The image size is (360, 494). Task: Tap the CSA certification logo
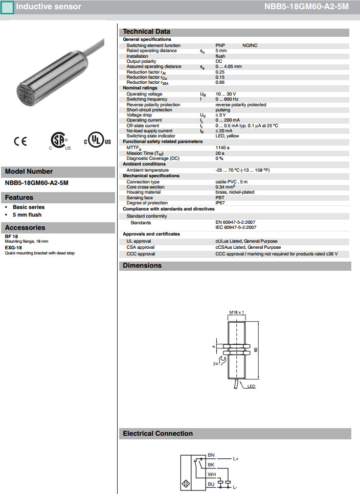58,141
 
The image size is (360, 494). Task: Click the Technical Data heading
146,32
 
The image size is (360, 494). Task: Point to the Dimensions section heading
142,266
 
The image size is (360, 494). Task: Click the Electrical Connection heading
157,434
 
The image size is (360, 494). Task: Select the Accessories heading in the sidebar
25,228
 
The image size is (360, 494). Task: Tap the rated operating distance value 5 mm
221,51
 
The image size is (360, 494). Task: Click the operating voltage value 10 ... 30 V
226,94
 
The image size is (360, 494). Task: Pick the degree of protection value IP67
220,203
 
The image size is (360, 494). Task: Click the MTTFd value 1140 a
222,148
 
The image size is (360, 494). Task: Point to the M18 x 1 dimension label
236,312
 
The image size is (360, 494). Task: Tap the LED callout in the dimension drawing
251,387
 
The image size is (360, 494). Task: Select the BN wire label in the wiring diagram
211,454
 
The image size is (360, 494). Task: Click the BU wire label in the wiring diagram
211,483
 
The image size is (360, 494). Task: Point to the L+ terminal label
236,459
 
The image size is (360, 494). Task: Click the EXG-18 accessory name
13,248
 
